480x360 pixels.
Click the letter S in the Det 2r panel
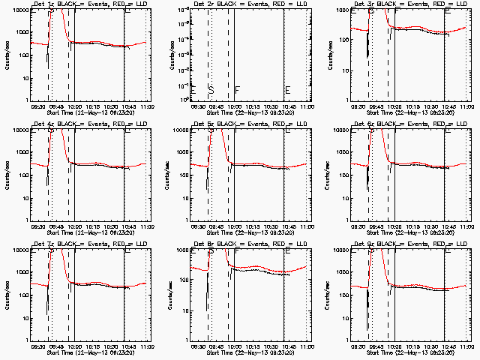(211, 90)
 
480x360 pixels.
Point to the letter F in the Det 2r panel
(238, 90)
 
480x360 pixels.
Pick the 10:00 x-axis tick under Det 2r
(235, 106)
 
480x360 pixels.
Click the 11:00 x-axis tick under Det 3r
(466, 106)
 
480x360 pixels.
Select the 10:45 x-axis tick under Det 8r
(286, 346)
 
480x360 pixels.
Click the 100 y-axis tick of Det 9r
(346, 295)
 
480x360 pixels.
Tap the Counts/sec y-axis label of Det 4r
(7, 175)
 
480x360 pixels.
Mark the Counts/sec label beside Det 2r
(168, 55)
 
